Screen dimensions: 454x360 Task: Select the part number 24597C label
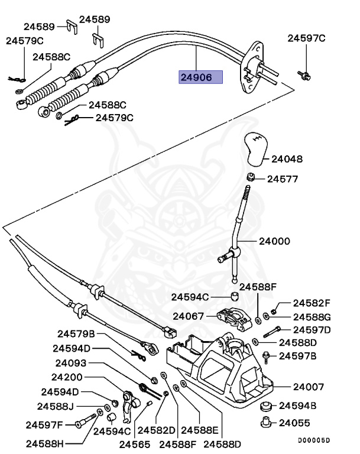tap(306, 38)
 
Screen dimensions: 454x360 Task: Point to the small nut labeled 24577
tap(251, 177)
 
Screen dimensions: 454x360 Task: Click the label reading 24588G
tap(312, 317)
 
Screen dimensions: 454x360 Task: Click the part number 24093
tap(72, 363)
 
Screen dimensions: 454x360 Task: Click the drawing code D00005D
tap(314, 440)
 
